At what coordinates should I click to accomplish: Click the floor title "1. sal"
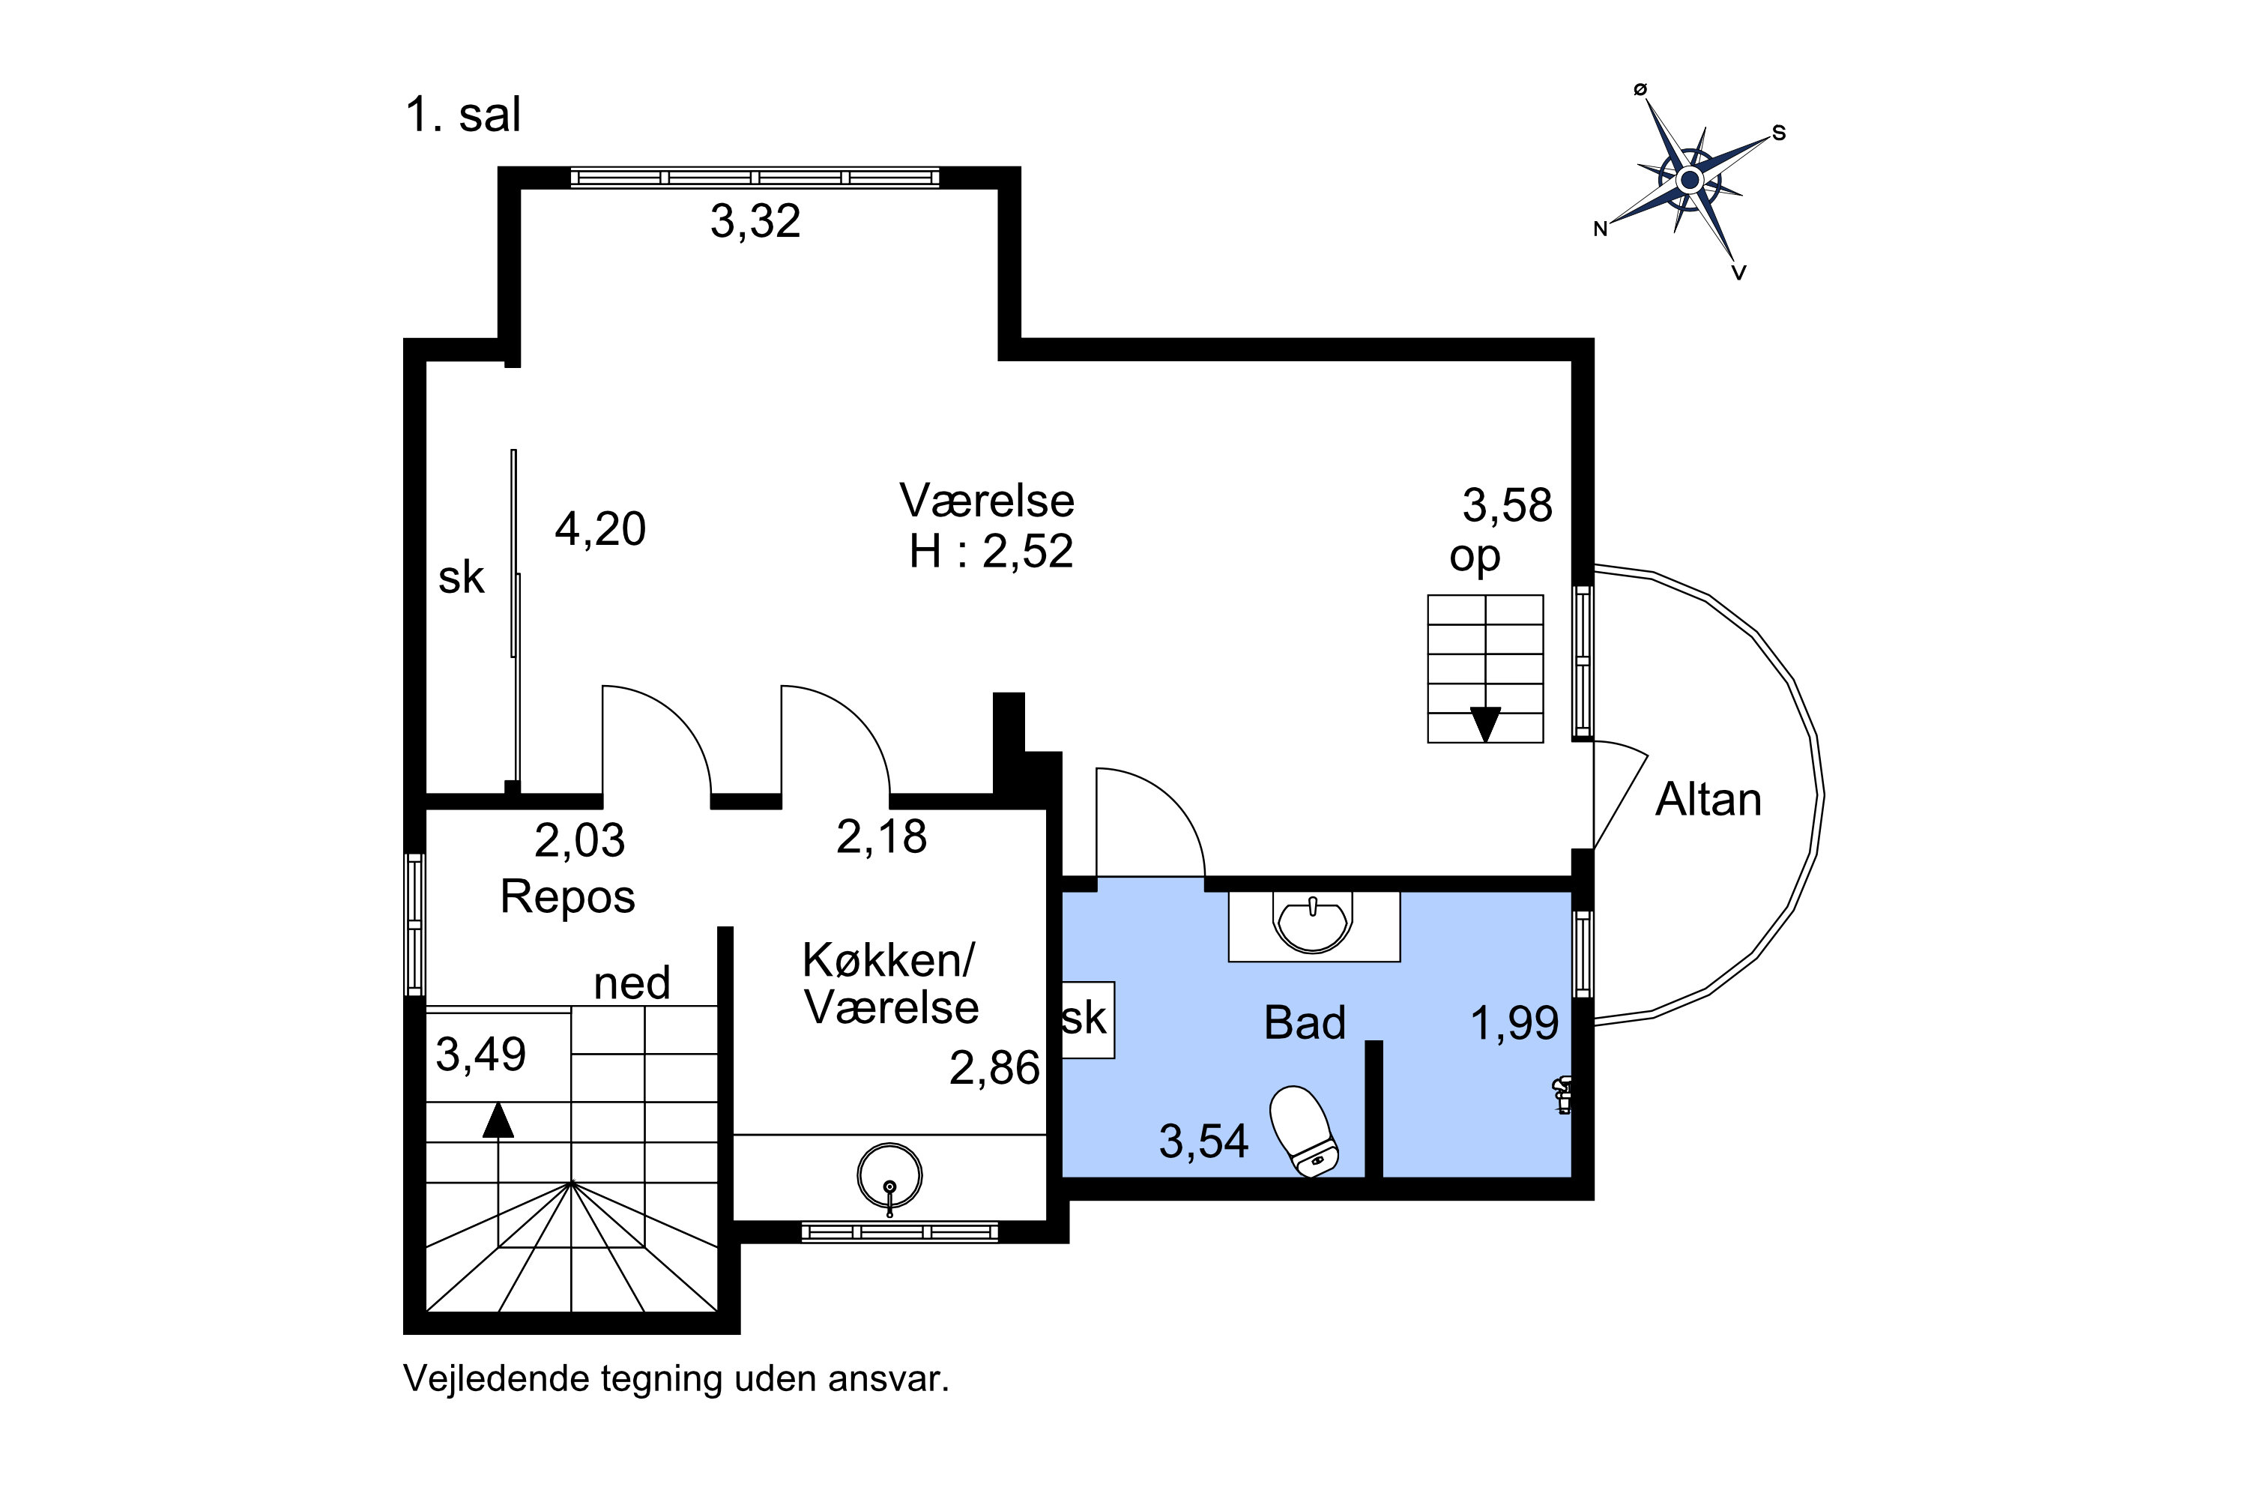[x=464, y=115]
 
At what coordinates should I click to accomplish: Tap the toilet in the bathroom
[x=1304, y=1130]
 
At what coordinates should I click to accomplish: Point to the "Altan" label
[x=1708, y=799]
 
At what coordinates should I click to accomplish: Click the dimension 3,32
[x=755, y=221]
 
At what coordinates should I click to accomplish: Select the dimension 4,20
[x=600, y=528]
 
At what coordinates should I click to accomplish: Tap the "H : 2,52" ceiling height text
[x=991, y=552]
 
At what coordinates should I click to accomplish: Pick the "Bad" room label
[x=1305, y=1023]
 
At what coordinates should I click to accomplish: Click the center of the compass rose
[x=1690, y=180]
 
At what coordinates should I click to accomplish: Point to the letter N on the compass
[x=1600, y=229]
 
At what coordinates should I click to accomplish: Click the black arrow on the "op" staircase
[x=1485, y=725]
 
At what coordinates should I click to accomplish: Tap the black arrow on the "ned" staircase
[x=498, y=1121]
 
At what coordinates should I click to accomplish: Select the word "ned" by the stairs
[x=632, y=983]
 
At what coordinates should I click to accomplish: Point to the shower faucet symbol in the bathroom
[x=1562, y=1094]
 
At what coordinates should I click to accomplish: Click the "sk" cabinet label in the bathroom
[x=1085, y=1019]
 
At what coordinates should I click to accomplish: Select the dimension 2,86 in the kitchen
[x=994, y=1068]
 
